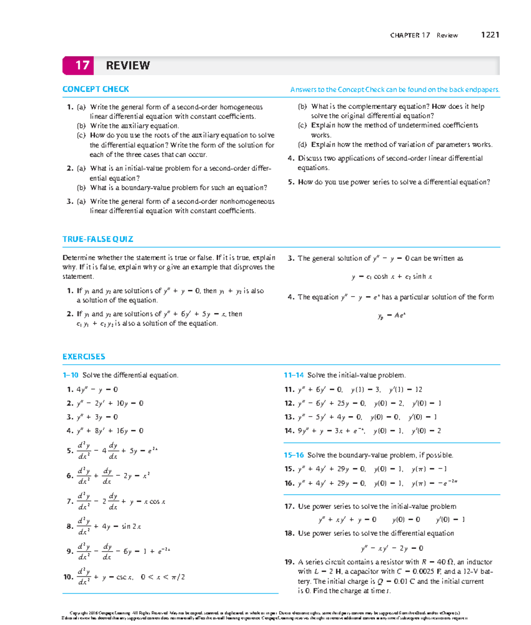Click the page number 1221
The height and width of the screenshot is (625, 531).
pyautogui.click(x=490, y=35)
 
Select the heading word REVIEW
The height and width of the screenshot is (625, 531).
pyautogui.click(x=128, y=66)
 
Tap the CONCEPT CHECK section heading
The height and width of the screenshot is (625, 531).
pyautogui.click(x=96, y=89)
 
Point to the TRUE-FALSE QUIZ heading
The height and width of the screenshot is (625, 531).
pyautogui.click(x=98, y=239)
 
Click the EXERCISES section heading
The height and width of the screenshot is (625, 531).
pyautogui.click(x=84, y=356)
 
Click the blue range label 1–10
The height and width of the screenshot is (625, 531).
pyautogui.click(x=70, y=375)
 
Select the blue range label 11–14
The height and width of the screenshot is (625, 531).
pyautogui.click(x=293, y=375)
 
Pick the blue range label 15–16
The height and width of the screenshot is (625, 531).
pyautogui.click(x=293, y=455)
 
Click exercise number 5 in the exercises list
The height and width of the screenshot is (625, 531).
pyautogui.click(x=70, y=451)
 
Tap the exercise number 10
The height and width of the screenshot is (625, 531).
pyautogui.click(x=68, y=577)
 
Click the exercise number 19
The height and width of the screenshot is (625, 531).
pyautogui.click(x=289, y=562)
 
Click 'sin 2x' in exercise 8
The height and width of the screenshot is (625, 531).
pyautogui.click(x=131, y=526)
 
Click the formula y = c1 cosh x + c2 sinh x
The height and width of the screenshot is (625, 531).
pyautogui.click(x=392, y=277)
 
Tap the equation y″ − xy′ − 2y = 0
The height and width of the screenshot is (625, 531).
pyautogui.click(x=392, y=548)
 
